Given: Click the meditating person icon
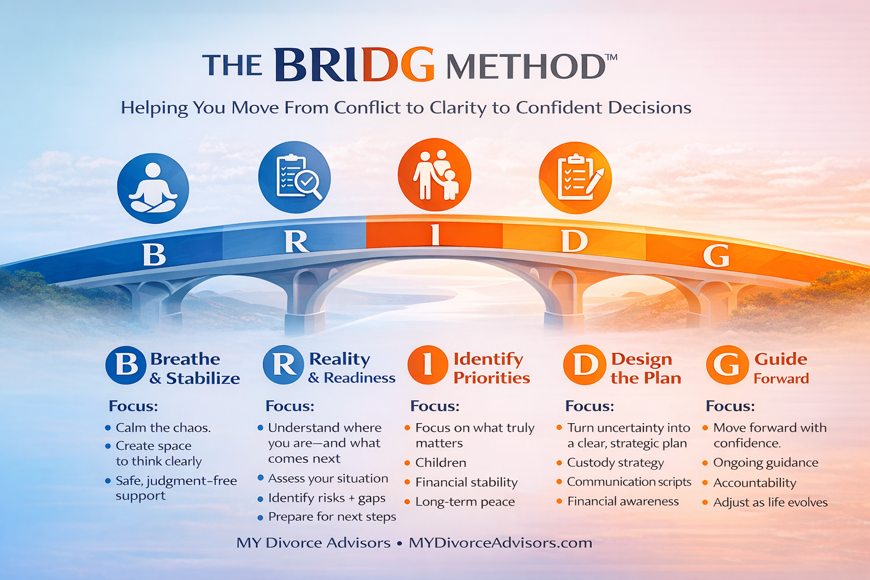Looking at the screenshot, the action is coord(153,189).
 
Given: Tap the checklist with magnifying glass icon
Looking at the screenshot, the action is coord(295,177).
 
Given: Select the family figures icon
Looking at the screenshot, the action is coord(434,174).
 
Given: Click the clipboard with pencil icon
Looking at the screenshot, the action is coord(575,177).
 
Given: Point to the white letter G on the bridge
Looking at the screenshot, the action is coord(716,256).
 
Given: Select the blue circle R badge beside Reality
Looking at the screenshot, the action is coord(283,365).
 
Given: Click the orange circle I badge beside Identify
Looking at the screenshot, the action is coord(428,365).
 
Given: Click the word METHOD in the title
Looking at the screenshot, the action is coord(526,67).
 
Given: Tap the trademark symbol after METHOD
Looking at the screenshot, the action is coord(612,57).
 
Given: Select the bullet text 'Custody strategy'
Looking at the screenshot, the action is coord(615,463).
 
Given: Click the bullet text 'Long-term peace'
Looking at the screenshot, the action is coord(465,502).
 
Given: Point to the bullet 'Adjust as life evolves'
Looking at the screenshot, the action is coord(770,502).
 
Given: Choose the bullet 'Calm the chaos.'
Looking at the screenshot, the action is coord(163,428).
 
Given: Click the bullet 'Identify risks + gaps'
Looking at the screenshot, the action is coord(327,498).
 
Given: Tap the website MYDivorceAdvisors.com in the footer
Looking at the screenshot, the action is coord(500,543).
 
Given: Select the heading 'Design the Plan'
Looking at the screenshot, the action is coord(645,368).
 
